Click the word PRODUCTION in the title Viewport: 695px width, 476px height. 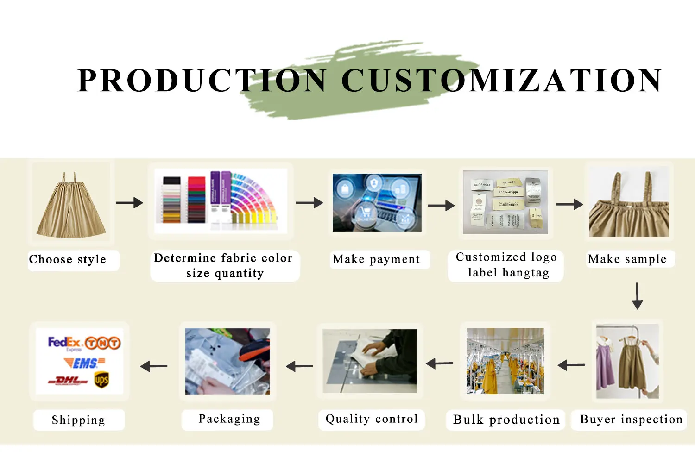coord(202,81)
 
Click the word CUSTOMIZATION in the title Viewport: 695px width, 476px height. coord(501,81)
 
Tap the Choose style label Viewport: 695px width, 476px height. coord(68,259)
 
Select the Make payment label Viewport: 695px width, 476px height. coord(376,259)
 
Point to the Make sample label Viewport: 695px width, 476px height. coord(627,259)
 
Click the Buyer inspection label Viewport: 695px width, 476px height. coord(631,420)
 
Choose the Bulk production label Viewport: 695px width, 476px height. coord(506,420)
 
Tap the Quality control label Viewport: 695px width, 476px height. coord(372,419)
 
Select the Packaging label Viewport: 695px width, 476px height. coord(229,419)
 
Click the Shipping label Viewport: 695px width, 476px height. coord(79,420)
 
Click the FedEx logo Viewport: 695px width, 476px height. coord(64,343)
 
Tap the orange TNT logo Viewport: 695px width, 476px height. coord(103,343)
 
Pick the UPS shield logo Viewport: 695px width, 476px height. coord(101,380)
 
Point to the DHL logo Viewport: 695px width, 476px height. coord(68,381)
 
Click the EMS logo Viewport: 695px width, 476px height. coord(84,363)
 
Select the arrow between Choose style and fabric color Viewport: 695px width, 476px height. coord(129,202)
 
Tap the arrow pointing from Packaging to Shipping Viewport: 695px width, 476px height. coord(154,366)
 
